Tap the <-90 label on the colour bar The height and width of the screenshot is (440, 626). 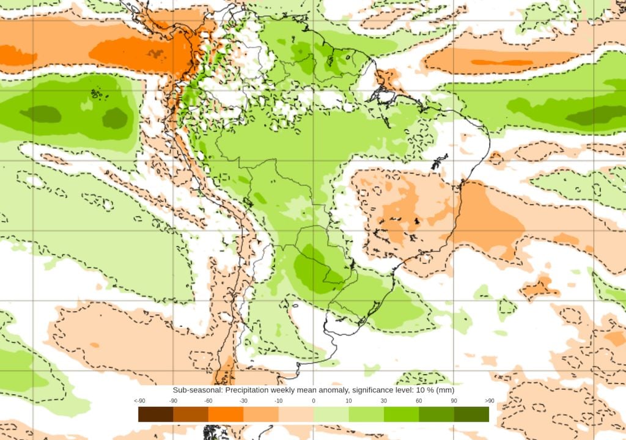coord(139,400)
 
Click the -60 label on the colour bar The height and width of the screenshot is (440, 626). coord(208,400)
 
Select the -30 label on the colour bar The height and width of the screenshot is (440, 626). coord(243,400)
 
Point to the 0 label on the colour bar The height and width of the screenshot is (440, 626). coord(314,400)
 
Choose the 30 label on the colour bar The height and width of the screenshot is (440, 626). coord(384,400)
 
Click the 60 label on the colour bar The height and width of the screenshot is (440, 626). coord(419,400)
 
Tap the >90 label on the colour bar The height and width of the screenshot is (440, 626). coord(489,400)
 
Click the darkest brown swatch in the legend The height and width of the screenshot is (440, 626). coord(156,414)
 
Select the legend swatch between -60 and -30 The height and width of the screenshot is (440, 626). coord(226,414)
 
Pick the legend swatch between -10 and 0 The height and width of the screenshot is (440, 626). coord(296,414)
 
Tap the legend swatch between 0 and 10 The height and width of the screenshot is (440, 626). coord(331,414)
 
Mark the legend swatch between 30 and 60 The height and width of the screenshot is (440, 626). coord(401,414)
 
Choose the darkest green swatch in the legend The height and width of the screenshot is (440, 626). coord(471,414)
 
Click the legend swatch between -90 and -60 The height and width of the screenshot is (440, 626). coord(191,414)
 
